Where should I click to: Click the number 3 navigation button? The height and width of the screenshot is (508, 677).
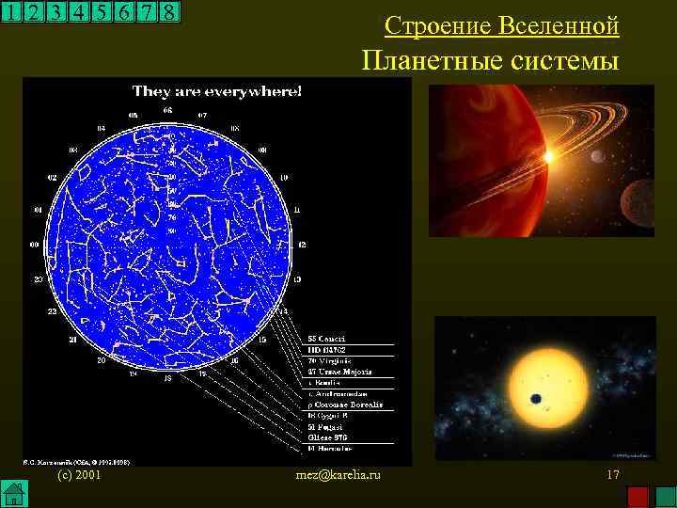55,13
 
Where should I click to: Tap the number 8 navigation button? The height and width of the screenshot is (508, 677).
168,13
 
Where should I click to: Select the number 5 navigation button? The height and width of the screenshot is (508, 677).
101,13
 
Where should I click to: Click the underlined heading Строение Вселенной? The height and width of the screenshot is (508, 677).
502,25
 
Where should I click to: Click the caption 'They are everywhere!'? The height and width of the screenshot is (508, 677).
217,91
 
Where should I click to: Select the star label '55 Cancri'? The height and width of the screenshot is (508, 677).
327,338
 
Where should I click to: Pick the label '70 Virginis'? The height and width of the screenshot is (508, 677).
329,360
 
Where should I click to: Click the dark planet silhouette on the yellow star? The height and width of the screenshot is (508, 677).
535,398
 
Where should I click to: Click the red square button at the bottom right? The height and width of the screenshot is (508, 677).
638,496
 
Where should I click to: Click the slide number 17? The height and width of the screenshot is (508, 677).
612,476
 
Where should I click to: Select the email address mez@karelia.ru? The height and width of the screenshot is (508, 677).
338,476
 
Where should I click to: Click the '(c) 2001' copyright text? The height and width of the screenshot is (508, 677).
79,476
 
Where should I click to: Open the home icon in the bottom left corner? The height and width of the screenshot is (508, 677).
13,493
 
